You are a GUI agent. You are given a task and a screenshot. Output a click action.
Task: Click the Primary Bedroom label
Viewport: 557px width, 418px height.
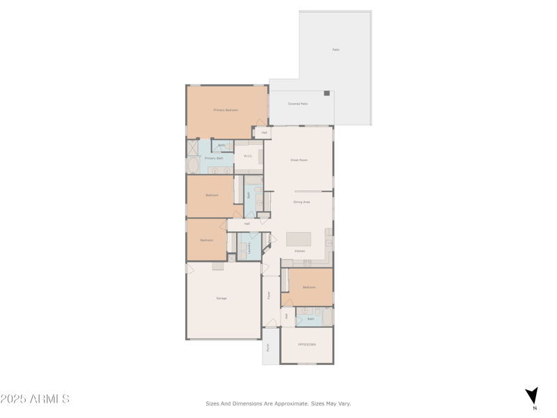(x=226, y=110)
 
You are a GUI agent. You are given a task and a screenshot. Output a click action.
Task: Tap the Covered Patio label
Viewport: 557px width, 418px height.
(x=298, y=104)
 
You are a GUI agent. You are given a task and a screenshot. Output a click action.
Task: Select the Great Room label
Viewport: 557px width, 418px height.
(x=299, y=160)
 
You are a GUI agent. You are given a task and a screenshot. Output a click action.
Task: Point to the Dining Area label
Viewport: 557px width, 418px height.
(x=301, y=202)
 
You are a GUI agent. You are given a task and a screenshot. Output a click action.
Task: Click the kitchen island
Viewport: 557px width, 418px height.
(x=299, y=239)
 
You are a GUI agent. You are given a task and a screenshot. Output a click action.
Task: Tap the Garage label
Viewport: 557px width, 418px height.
(x=221, y=298)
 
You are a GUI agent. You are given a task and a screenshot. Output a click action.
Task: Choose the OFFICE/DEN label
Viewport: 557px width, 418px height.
(x=306, y=344)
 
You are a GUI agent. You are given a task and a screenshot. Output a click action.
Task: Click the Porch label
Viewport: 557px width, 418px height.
(x=267, y=348)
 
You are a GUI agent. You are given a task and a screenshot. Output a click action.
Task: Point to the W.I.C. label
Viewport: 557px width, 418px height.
(x=248, y=156)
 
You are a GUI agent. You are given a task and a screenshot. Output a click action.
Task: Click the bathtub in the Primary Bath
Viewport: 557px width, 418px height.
(x=192, y=166)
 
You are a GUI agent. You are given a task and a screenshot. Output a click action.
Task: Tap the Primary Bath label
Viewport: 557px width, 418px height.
(x=214, y=158)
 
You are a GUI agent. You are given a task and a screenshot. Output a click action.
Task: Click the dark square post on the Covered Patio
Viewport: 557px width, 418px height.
(x=327, y=93)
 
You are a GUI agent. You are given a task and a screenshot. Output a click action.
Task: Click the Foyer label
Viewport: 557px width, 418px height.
(x=269, y=295)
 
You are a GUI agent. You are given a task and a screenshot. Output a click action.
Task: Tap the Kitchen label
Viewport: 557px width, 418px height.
(x=299, y=251)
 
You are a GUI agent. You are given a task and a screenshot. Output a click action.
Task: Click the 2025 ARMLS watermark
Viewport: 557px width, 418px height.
(x=35, y=399)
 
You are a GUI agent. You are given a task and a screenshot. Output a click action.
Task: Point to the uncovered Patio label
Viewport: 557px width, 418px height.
(x=336, y=49)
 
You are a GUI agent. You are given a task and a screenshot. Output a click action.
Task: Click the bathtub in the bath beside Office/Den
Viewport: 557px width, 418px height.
(x=327, y=317)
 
